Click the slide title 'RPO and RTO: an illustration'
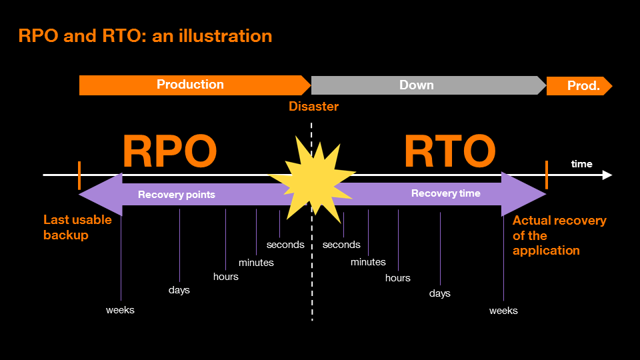tap(145, 36)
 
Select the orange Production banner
tap(191, 85)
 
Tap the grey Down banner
tap(417, 85)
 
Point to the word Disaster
tap(313, 107)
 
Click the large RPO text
tap(169, 152)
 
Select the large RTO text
tap(449, 152)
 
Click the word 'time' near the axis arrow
tap(581, 164)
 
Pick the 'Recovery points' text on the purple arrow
tap(177, 195)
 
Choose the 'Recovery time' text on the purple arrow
tap(445, 193)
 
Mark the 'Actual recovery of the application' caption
tap(559, 235)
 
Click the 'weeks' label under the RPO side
tap(120, 310)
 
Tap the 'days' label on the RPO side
tap(179, 290)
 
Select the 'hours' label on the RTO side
tap(398, 278)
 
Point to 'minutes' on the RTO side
tap(368, 262)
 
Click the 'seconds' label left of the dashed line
tap(285, 245)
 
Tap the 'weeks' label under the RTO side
tap(503, 311)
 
